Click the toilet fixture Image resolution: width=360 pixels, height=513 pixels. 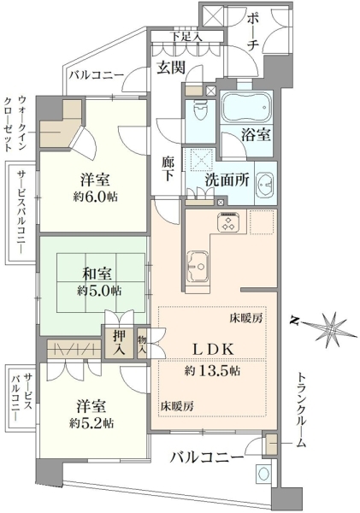point(200,110)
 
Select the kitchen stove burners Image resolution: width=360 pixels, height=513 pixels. point(229,221)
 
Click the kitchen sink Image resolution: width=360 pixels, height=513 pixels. point(198,266)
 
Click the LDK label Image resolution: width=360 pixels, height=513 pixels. point(213,350)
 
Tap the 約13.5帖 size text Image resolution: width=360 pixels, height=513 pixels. point(212,371)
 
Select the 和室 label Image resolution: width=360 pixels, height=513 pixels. point(97,274)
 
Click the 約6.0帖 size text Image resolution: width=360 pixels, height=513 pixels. point(95,197)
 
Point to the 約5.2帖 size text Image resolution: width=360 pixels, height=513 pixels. point(91,424)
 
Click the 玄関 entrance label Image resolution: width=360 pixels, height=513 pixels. point(171,68)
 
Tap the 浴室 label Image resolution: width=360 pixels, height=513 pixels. point(256,134)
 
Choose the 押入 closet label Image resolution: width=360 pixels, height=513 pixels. point(119,343)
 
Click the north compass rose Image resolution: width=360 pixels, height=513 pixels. point(332,328)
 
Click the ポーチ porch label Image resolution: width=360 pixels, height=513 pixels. point(253,32)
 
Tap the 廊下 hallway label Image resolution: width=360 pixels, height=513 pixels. point(168,169)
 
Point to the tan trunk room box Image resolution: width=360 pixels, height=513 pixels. point(271,445)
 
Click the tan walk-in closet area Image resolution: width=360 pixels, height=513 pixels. point(61,125)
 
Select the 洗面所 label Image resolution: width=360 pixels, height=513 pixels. point(227,180)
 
